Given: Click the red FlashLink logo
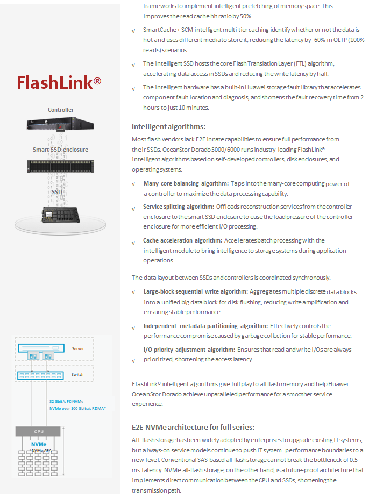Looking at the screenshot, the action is [x=59, y=82].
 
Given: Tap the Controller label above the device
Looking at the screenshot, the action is [x=61, y=110].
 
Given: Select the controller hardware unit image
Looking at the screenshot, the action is [x=60, y=124].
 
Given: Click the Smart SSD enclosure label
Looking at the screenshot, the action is [x=60, y=150].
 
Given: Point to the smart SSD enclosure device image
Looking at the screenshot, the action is [x=60, y=166].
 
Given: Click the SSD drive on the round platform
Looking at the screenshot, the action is [x=60, y=215].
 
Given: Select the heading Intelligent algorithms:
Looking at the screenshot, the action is [x=168, y=127].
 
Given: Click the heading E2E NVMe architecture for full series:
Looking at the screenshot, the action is [x=193, y=427].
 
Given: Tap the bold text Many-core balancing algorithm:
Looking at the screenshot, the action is [x=186, y=183].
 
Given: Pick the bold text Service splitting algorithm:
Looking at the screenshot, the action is [x=179, y=207].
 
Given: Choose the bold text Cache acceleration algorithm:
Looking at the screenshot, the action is [x=182, y=241].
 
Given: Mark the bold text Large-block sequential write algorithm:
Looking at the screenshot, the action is [x=196, y=292].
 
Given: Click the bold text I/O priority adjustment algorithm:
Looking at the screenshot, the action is [x=189, y=350].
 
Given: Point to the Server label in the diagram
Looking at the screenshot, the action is [x=78, y=348].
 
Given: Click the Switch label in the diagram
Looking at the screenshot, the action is [x=77, y=375].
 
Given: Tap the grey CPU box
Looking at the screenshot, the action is [x=38, y=432].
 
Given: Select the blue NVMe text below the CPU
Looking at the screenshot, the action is [x=39, y=444].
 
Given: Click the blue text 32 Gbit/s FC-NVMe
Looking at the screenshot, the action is [x=66, y=401].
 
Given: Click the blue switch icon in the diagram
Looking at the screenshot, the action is [x=40, y=376].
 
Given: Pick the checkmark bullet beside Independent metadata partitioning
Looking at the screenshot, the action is [x=133, y=328].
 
